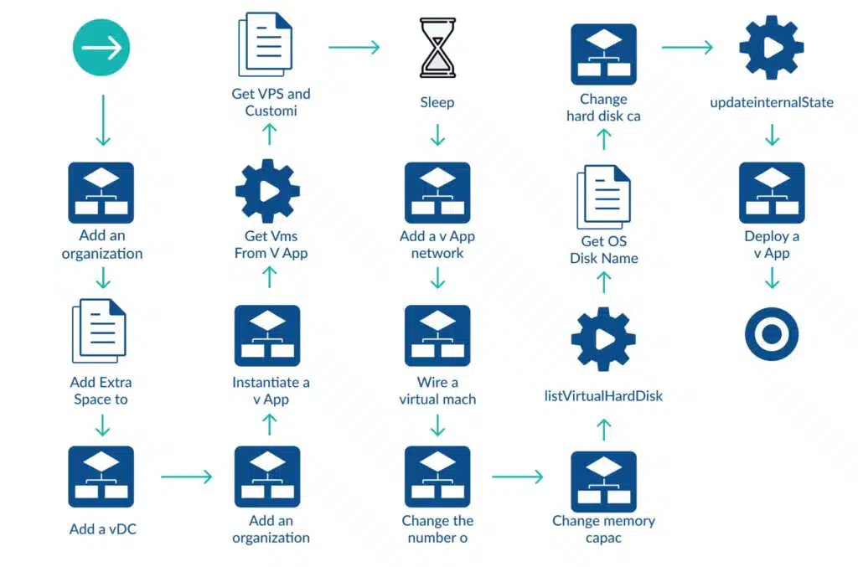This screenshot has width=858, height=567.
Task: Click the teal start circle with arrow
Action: coord(101,48)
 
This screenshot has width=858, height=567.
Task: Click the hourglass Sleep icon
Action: coord(437,48)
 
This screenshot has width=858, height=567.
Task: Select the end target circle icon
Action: coord(772,333)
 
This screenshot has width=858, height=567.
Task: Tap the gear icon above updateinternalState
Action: coord(772,48)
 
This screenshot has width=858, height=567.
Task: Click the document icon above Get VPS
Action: coord(266,44)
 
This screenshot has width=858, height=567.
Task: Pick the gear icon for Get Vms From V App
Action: coord(267,191)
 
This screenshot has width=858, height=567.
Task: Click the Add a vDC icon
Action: coord(101,477)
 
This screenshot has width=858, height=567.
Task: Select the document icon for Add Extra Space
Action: coord(99,331)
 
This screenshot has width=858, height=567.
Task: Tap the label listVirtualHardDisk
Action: coord(603,396)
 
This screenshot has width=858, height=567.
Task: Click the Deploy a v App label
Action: coord(772,245)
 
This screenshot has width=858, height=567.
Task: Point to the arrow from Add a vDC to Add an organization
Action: coord(186,477)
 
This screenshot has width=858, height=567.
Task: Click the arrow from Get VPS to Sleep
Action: coord(354,47)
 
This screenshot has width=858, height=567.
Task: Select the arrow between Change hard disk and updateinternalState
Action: coord(687,47)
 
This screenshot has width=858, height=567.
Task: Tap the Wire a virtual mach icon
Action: coord(437,336)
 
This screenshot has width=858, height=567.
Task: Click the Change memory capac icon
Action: coord(603,482)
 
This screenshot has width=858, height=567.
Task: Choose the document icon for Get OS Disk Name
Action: coord(603,197)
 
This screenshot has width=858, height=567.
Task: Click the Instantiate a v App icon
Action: coord(267,336)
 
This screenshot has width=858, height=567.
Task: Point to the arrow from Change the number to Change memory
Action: coord(518,477)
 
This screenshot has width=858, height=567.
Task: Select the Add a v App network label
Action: coord(437,245)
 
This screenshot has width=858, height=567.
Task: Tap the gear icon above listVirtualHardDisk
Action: coord(603,339)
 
